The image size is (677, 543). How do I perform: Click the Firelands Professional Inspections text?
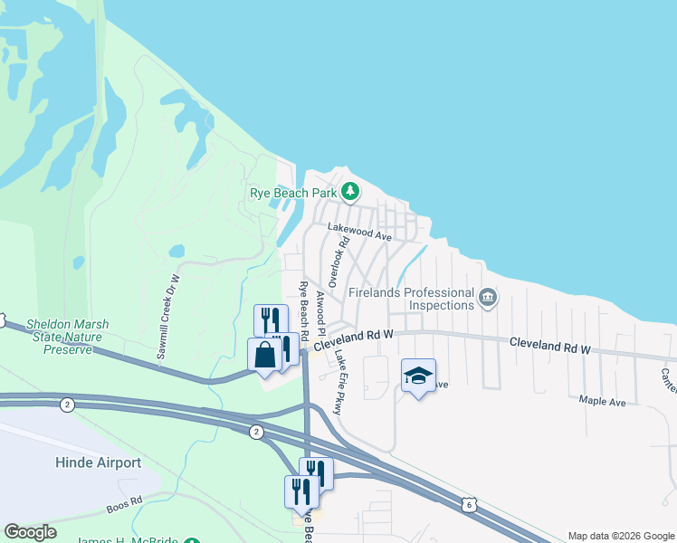[411, 299]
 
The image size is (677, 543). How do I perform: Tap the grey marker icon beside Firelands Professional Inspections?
[488, 298]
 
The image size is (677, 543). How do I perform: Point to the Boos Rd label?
[123, 501]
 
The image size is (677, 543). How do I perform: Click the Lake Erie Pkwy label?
[338, 383]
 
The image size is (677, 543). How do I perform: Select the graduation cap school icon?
[418, 376]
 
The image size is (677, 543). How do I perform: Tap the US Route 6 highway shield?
[467, 504]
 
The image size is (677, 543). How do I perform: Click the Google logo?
[30, 532]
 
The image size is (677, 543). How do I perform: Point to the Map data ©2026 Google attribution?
[621, 536]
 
